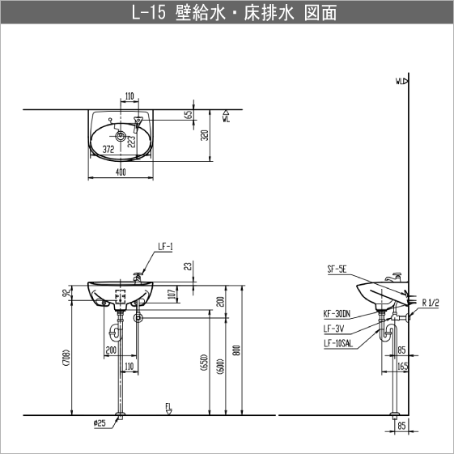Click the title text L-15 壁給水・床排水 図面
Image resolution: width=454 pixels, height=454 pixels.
tap(227, 14)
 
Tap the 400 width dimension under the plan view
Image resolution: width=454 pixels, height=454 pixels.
tap(121, 172)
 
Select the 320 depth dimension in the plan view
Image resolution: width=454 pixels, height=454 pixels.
tap(205, 136)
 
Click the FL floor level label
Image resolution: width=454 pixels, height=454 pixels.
tap(168, 405)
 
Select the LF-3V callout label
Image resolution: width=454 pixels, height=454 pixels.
tap(333, 328)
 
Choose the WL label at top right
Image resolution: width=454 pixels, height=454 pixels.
tap(400, 82)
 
